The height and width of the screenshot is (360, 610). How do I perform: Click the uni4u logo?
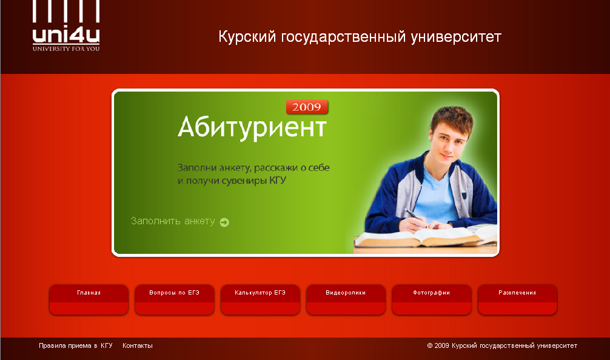coord(66,27)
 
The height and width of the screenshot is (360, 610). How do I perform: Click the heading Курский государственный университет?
coord(360,37)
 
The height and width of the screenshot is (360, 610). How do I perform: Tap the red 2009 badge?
coord(307,107)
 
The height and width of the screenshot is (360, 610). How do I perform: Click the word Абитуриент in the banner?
coord(252,128)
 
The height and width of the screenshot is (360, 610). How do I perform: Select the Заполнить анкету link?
coord(173,221)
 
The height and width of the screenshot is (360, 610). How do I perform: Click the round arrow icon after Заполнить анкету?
coord(224,222)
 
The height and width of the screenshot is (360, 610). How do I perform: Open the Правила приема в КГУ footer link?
coord(76,345)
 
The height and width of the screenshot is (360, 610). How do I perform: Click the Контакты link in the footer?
coord(138,345)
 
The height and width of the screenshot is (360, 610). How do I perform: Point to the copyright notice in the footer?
coord(502,345)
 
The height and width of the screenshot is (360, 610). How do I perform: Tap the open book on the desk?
coord(418,237)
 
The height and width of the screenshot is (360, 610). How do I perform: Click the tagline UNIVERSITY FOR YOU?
coord(66,48)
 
